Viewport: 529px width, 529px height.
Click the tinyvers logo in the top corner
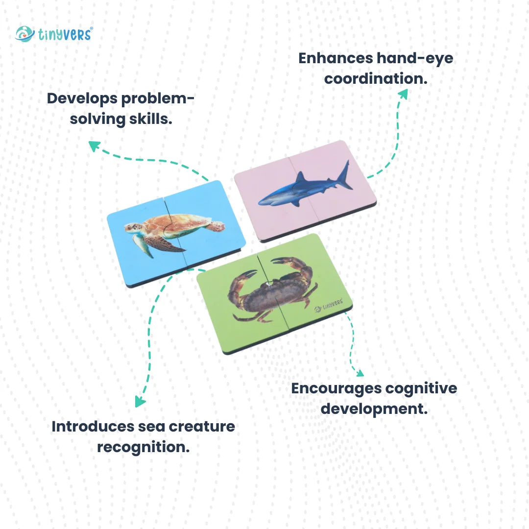54,34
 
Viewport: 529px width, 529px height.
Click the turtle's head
131,228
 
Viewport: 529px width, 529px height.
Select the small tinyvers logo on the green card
328,307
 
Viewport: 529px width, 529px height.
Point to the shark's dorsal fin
300,177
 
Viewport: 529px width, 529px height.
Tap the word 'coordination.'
376,78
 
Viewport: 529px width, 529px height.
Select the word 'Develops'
82,98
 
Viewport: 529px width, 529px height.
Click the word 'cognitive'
421,388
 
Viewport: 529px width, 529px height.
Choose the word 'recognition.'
143,447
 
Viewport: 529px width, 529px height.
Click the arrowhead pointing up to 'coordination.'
403,93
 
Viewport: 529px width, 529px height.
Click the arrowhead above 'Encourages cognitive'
360,373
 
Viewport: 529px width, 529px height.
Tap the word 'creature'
202,426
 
